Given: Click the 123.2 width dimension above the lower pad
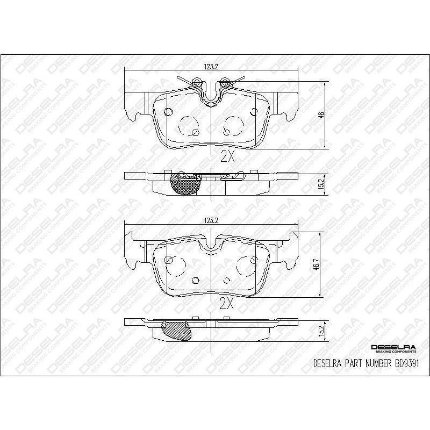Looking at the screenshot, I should coord(210,220).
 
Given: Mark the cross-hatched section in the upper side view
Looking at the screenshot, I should coord(184,184).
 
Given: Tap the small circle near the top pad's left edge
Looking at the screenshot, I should coord(167,112).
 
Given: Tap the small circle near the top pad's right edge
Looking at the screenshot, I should coord(255,112).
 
